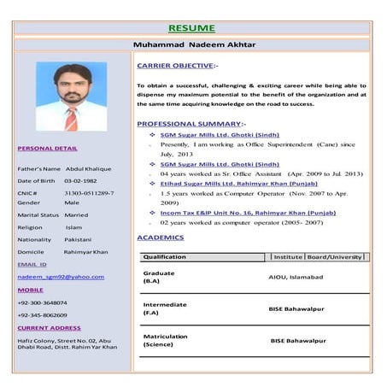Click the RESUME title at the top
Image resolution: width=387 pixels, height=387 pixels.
tap(191, 28)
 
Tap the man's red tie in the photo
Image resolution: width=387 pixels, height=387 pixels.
tap(72, 118)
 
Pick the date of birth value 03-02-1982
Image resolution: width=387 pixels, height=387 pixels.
tap(82, 181)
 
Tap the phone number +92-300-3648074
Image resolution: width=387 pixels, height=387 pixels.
tap(43, 302)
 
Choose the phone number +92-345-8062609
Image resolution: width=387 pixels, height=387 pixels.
tap(43, 315)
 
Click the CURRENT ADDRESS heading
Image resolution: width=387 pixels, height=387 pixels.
tap(49, 328)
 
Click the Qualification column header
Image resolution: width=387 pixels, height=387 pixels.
tap(165, 257)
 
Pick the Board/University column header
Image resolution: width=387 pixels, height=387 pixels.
tap(335, 257)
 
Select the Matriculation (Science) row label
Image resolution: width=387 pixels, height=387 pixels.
tap(166, 340)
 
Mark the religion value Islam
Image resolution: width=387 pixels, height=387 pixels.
tap(73, 228)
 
